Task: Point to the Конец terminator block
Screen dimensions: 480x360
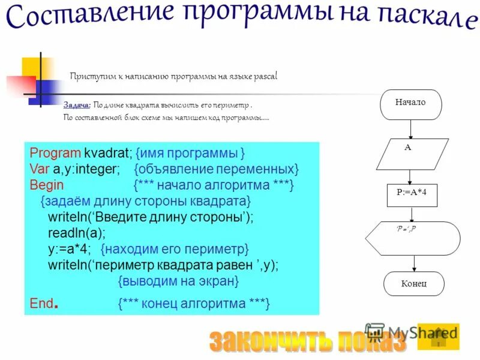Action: (413, 284)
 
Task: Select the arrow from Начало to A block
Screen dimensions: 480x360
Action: (410, 129)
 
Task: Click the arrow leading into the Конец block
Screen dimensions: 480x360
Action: (414, 263)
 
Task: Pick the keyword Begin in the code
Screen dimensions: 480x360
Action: (46, 184)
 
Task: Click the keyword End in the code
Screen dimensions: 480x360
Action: (43, 303)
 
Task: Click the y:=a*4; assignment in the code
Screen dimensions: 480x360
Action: (69, 248)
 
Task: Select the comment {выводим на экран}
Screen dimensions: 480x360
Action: (178, 280)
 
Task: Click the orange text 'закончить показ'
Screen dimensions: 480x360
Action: (308, 341)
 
